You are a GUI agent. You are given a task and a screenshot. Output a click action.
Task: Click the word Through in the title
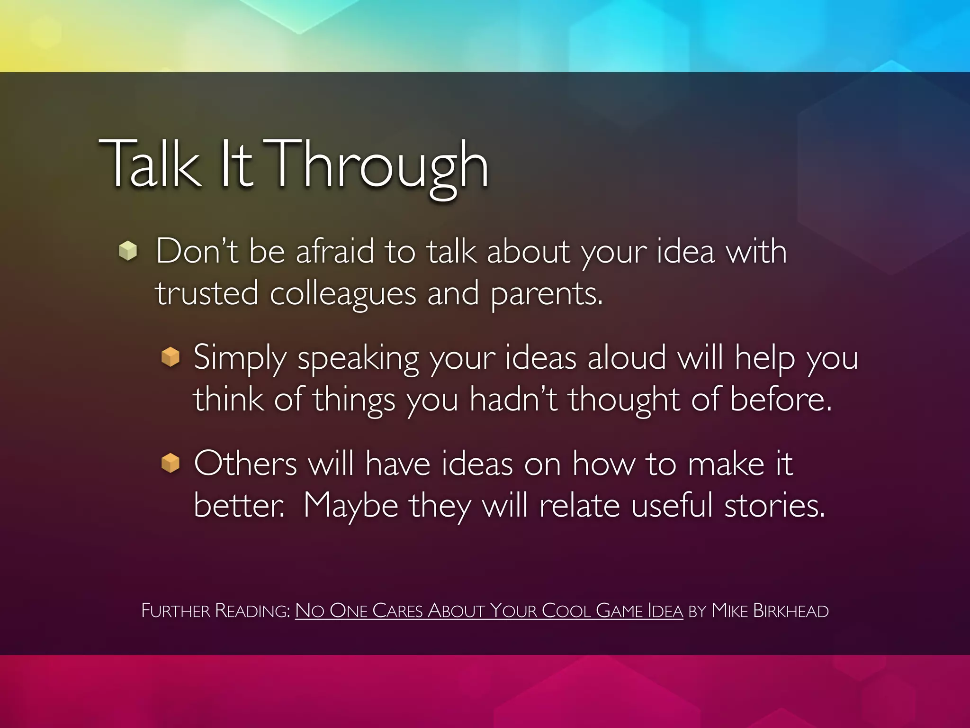tap(379, 166)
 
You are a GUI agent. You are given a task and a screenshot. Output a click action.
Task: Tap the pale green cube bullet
tap(128, 251)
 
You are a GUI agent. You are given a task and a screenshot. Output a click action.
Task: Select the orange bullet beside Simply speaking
tap(171, 357)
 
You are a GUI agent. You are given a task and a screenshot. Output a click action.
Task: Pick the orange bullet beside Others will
tap(171, 463)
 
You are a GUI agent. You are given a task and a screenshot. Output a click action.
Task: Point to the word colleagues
tap(343, 294)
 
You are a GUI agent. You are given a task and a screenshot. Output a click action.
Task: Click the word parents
tap(546, 294)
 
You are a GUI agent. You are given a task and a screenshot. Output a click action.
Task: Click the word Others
tap(245, 464)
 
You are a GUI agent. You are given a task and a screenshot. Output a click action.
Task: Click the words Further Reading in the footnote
tap(216, 611)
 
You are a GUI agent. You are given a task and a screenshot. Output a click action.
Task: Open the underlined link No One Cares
tap(360, 611)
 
